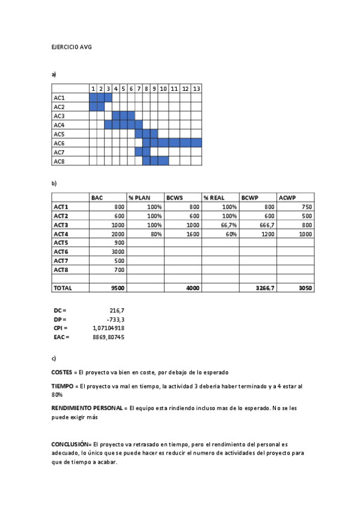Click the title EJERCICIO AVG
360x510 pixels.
tap(72, 46)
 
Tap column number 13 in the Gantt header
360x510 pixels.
tap(197, 89)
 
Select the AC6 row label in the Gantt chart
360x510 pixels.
tap(59, 143)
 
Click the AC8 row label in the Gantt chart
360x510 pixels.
tap(59, 161)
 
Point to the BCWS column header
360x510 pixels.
tap(175, 197)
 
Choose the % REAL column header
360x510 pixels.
tap(213, 197)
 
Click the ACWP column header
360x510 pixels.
tap(287, 197)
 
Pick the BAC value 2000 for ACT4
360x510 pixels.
tap(118, 233)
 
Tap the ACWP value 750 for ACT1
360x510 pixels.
tap(307, 206)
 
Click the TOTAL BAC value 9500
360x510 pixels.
tap(118, 288)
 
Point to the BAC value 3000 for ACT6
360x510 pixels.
tap(118, 251)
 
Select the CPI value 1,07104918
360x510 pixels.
tap(109, 328)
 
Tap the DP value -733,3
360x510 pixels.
tap(115, 319)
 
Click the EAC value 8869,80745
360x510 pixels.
tap(109, 337)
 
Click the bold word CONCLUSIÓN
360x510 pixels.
tap(70, 444)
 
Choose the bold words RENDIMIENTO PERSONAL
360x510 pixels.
tap(88, 408)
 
